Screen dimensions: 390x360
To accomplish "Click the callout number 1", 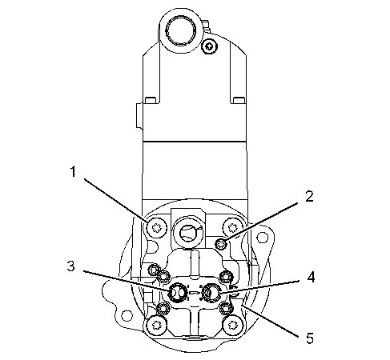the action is pos(73,171).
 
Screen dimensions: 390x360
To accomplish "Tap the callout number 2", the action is pos(309,197).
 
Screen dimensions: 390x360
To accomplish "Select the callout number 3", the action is pos(70,266).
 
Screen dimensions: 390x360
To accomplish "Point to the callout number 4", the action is pos(311,277).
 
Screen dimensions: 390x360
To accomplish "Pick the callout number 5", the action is pos(310,338).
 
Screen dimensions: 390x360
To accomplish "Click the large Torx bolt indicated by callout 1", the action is pos(156,227).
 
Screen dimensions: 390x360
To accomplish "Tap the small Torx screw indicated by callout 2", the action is pos(221,243).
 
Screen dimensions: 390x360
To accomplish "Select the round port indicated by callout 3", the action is pos(177,293).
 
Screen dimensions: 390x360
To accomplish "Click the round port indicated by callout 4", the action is pos(211,293).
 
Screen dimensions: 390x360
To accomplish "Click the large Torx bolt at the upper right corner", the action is pos(232,227).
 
